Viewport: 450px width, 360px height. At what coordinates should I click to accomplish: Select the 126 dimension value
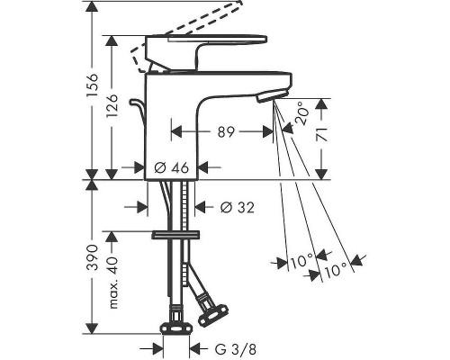click(x=112, y=106)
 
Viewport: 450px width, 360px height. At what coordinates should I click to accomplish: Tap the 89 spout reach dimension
click(x=226, y=132)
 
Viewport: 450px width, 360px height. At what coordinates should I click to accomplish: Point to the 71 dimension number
click(x=321, y=134)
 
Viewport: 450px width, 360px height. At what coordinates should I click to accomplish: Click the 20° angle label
click(x=301, y=113)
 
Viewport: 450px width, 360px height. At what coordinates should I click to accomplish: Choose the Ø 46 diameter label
click(x=172, y=167)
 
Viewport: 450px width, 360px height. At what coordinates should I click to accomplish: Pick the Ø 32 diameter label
click(x=238, y=207)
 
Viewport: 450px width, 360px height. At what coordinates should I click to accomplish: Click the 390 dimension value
click(x=93, y=257)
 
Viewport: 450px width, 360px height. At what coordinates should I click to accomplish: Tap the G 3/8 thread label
click(x=236, y=349)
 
